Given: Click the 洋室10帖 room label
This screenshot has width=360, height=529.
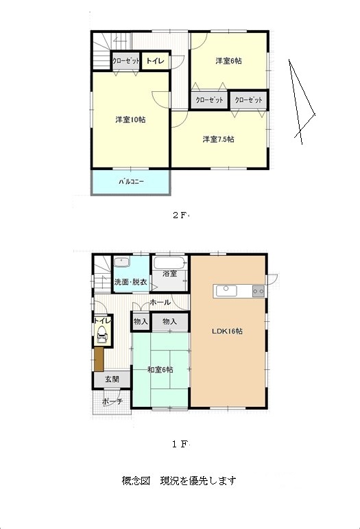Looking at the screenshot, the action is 130,120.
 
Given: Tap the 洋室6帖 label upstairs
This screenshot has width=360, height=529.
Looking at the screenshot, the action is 228,61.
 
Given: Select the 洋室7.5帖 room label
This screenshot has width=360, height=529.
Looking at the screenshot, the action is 219,139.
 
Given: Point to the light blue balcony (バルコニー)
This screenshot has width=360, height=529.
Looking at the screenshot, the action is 131,182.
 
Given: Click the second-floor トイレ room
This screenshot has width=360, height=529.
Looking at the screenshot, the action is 156,61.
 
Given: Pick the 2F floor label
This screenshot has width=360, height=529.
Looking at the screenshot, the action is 180,215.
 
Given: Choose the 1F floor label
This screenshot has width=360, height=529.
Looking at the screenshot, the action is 180,445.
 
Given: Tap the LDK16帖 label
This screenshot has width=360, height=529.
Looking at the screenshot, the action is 227,331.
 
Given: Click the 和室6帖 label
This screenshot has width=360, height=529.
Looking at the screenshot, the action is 160,370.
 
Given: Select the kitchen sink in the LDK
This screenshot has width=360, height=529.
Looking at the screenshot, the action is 226,290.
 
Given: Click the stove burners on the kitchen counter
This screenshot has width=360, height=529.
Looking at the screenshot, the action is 259,291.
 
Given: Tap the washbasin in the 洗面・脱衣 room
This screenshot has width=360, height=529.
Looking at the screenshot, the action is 121,263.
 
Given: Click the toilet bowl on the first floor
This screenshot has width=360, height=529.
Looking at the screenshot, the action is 101,334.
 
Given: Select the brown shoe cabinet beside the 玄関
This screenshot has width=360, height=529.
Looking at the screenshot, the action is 99,359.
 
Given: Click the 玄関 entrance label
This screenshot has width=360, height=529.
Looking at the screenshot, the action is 112,379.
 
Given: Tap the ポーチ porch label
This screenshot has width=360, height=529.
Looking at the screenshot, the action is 112,401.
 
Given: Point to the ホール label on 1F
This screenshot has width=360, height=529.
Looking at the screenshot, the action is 160,303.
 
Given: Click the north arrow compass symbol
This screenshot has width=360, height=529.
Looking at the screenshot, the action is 300,102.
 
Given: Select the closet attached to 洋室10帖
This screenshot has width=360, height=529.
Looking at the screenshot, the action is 125,61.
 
